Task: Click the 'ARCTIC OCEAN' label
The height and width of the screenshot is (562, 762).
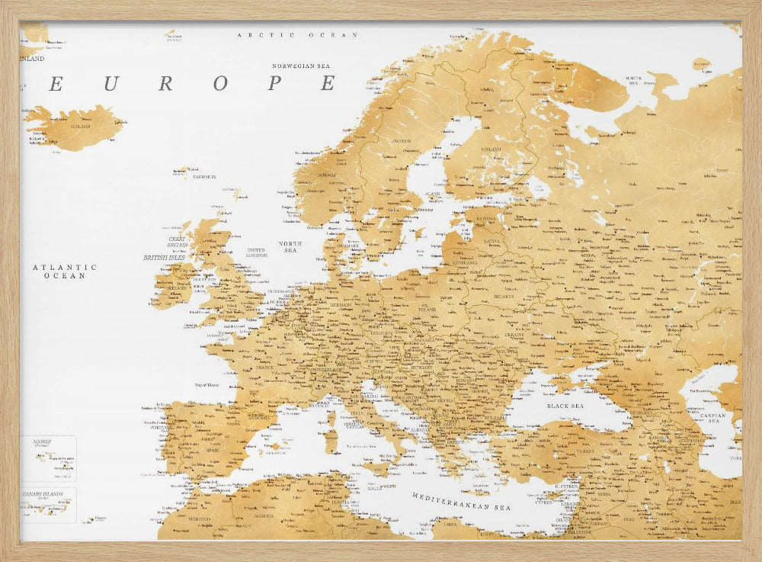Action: coord(297,35)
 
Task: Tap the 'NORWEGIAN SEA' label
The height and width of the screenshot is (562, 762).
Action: coord(305,66)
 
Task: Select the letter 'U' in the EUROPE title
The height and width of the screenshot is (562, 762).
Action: coord(110,84)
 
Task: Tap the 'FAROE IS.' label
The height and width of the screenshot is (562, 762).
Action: coord(203,176)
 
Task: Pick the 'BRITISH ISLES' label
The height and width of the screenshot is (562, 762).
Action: coord(164,258)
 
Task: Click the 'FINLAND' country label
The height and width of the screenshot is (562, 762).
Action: coord(491,149)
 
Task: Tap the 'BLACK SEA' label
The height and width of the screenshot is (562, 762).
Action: coord(565,406)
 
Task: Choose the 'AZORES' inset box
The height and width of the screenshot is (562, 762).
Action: coord(48,458)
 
